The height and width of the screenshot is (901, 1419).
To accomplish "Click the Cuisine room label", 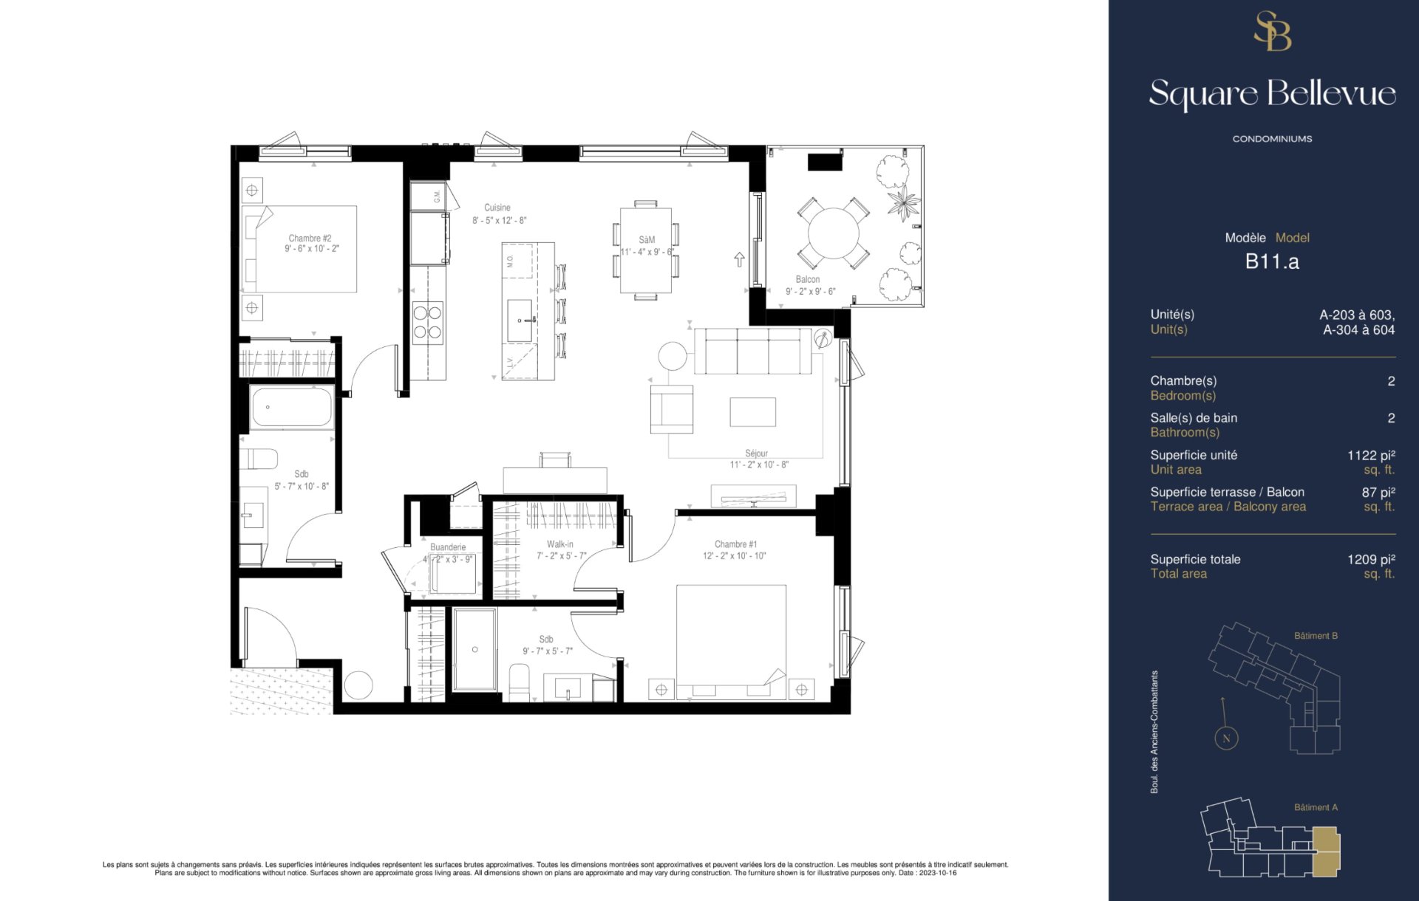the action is click(497, 208).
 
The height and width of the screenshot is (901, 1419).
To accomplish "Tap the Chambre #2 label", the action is click(310, 238).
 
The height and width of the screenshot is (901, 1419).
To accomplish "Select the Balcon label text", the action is click(808, 279).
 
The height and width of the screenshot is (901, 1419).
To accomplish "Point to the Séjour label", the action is click(756, 453).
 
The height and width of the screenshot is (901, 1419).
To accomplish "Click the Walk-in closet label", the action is click(560, 544).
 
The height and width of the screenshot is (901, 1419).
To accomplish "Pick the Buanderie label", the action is click(448, 547).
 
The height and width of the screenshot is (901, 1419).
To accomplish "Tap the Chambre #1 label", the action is click(735, 544).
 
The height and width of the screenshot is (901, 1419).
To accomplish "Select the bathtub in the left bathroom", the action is click(291, 406).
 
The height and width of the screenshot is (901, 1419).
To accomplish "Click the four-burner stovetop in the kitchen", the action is click(428, 323).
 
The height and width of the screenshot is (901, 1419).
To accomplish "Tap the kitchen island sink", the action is click(520, 321).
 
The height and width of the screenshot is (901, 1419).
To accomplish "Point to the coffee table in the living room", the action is click(753, 412).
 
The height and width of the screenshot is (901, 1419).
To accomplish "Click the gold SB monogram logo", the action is click(1273, 31).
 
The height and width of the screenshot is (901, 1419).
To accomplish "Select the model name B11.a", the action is click(1272, 261).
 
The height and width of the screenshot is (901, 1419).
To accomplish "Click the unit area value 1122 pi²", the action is click(1371, 455).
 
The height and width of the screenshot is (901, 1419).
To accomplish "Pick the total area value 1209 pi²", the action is click(1371, 559).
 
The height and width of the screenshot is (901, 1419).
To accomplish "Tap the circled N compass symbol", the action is click(1226, 738).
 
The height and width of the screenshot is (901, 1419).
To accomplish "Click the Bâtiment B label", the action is click(1316, 636).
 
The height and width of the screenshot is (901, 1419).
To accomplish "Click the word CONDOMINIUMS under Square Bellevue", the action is click(1272, 139).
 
